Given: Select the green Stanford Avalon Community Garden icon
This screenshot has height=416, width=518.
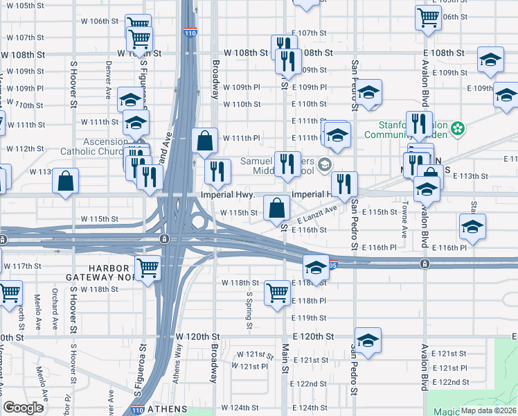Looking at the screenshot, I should (457, 128).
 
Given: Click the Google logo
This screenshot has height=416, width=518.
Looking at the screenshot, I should (23, 408).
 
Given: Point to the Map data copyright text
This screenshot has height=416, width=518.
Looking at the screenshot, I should (488, 410).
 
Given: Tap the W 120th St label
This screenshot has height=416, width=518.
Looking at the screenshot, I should (197, 336).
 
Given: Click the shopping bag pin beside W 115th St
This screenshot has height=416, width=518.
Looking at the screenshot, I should (276, 208).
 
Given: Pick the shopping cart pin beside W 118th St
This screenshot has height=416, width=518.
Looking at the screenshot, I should (277, 293).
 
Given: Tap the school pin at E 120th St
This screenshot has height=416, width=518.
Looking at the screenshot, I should (368, 342).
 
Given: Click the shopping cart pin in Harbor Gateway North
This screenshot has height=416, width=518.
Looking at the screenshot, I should (148, 268).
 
